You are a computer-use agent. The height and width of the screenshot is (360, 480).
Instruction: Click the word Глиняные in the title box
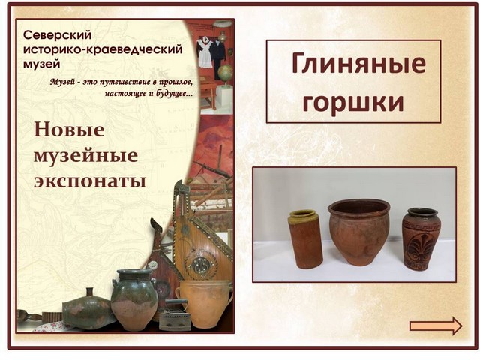[358, 63]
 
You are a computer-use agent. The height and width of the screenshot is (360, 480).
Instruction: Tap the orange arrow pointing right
[436, 325]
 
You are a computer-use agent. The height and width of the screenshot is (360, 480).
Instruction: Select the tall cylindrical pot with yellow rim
[305, 238]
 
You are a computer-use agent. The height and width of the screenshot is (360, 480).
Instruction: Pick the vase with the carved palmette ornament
[420, 239]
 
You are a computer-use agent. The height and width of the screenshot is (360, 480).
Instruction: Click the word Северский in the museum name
[57, 35]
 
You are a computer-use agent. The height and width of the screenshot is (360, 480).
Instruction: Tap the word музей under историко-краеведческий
[42, 64]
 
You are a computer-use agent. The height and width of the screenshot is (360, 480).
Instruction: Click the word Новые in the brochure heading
[69, 130]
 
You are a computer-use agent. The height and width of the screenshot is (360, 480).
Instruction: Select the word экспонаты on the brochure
[90, 181]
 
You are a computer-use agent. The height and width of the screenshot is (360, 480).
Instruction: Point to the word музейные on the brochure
[85, 156]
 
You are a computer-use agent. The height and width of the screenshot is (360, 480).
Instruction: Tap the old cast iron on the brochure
[175, 316]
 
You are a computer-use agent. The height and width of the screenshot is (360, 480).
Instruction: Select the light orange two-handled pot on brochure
[205, 303]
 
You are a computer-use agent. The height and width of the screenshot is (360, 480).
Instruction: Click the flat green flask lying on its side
[87, 310]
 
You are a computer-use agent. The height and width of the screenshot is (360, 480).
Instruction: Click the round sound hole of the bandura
[199, 264]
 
